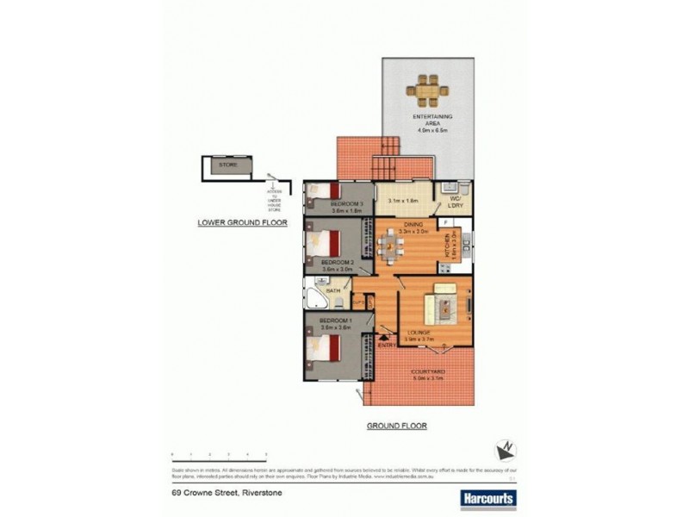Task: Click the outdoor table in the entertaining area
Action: tap(428, 87)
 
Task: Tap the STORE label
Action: tap(227, 163)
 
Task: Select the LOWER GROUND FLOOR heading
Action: tap(242, 222)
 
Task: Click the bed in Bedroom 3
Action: tap(326, 192)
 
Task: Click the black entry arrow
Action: tap(384, 338)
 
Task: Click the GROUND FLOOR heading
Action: tap(397, 426)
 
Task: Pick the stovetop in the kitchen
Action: tap(466, 245)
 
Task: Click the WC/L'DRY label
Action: tap(454, 204)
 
